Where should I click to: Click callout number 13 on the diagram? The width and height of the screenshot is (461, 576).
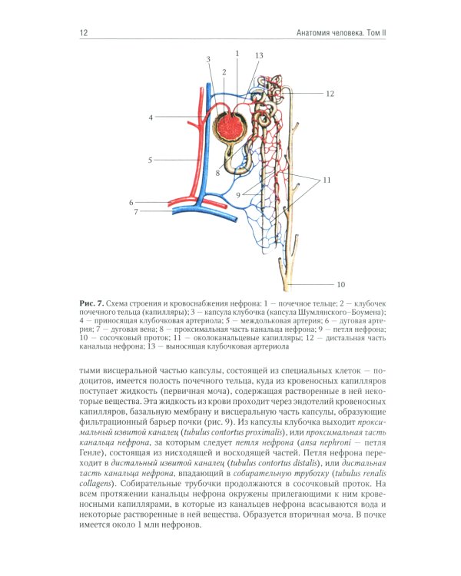click(259, 55)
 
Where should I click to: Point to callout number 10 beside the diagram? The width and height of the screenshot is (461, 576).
click(340, 283)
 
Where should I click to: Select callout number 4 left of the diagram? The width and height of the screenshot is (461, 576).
click(151, 118)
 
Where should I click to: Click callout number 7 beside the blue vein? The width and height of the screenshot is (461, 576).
click(136, 211)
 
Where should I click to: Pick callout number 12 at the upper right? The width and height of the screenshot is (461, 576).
click(330, 93)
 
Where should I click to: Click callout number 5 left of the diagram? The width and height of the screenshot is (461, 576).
click(151, 160)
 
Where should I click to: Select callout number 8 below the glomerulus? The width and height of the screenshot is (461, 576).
click(218, 173)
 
